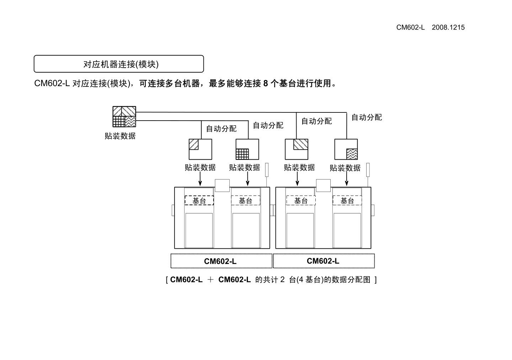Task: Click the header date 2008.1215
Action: point(448,27)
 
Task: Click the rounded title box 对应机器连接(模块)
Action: point(119,64)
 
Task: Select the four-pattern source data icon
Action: point(124,116)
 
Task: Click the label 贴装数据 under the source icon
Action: point(120,136)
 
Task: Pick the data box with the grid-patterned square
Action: point(247,149)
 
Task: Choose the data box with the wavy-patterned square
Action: point(346,149)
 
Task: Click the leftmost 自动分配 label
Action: point(221,129)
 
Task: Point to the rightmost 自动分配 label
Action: point(367,117)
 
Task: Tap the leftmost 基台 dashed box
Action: point(199,201)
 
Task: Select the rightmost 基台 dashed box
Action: point(347,201)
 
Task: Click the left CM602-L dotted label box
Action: point(221,261)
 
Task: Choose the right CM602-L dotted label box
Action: point(324,261)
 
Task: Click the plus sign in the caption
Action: point(210,280)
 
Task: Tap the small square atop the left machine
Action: point(222,185)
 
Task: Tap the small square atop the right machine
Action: point(323,185)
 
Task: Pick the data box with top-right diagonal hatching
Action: point(297,149)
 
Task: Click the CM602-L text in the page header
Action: point(410,27)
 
